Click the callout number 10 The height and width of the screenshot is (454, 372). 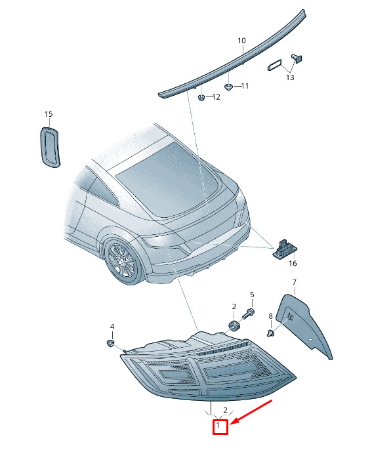(x=241, y=41)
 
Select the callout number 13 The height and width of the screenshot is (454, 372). (x=290, y=77)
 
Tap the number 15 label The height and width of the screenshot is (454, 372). (x=49, y=114)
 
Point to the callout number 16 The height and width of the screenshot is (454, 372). (x=293, y=263)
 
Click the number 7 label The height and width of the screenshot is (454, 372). (x=295, y=282)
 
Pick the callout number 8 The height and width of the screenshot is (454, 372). (x=271, y=316)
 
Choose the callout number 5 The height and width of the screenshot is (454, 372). (x=252, y=295)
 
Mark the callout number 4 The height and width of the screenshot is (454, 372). (x=112, y=327)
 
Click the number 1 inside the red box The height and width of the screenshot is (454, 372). (x=218, y=425)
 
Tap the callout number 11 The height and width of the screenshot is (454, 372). (x=245, y=86)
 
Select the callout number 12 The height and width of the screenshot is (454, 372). (x=217, y=97)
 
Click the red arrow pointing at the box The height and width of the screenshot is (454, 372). (x=252, y=411)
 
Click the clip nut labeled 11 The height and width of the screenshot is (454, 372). (x=229, y=87)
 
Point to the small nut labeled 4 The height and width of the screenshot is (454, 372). (x=110, y=344)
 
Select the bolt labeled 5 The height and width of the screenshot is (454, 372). (x=248, y=314)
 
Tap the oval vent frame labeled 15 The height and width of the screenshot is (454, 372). (x=42, y=147)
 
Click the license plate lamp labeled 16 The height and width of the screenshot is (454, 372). (x=283, y=249)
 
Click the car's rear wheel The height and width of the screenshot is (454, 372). (x=123, y=262)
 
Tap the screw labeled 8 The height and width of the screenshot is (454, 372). (x=270, y=333)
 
